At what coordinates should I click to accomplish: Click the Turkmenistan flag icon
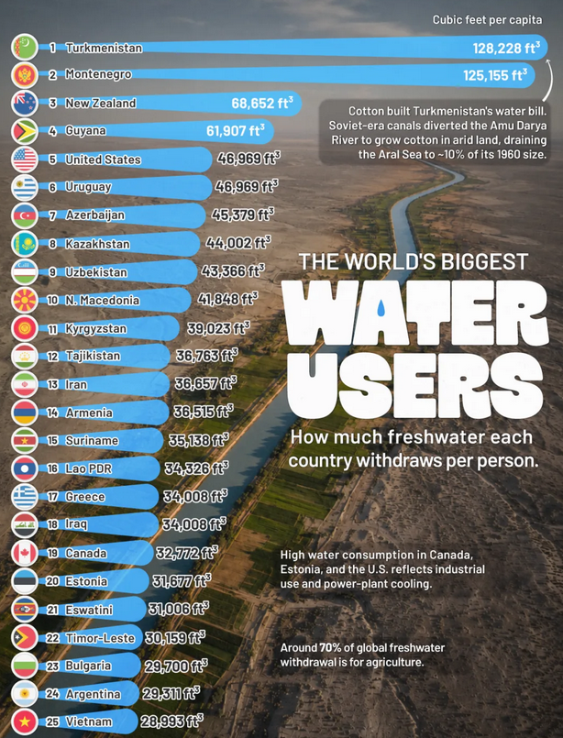click(x=25, y=47)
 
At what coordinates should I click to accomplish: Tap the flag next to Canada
click(x=25, y=553)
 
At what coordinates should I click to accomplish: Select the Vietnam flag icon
click(x=25, y=721)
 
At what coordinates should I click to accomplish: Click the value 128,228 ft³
click(x=506, y=48)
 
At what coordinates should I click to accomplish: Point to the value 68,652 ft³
click(x=262, y=103)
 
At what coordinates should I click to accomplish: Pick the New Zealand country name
click(x=100, y=103)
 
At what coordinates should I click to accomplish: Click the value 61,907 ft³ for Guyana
click(x=236, y=130)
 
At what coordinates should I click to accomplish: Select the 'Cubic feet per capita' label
click(x=487, y=20)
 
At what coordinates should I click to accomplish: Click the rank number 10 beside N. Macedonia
click(x=53, y=301)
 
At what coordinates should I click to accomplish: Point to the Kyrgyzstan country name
click(x=95, y=328)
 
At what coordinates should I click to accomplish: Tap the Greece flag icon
click(x=25, y=497)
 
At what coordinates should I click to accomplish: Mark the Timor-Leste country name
click(x=100, y=638)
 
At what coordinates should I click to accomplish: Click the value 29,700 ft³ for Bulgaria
click(x=176, y=666)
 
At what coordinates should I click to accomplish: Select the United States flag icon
click(x=25, y=160)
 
